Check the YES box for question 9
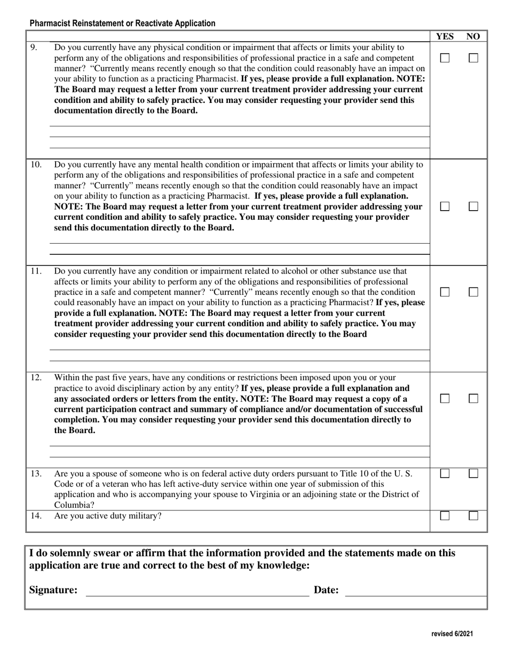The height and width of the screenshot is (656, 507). (x=445, y=58)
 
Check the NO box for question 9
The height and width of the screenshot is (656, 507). (x=473, y=58)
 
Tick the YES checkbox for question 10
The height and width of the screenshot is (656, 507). (x=445, y=206)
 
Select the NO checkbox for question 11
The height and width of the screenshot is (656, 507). (x=473, y=292)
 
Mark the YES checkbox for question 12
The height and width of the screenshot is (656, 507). (x=445, y=398)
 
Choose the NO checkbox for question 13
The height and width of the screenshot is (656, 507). (x=473, y=473)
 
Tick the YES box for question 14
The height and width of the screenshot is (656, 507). (x=445, y=516)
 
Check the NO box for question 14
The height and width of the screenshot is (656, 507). (x=473, y=516)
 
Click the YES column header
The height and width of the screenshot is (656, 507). (x=445, y=36)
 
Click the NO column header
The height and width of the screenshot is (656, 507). (x=473, y=36)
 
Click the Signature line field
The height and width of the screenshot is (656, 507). (x=197, y=590)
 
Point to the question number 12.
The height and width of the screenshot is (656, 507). (x=36, y=378)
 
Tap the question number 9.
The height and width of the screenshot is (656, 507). (x=34, y=47)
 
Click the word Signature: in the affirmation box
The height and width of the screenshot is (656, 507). (x=53, y=590)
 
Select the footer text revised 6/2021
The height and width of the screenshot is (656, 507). (x=452, y=634)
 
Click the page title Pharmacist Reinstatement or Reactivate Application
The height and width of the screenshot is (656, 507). (x=123, y=23)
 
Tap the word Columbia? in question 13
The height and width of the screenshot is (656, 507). (x=74, y=505)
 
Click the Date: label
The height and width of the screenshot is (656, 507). (x=326, y=590)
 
